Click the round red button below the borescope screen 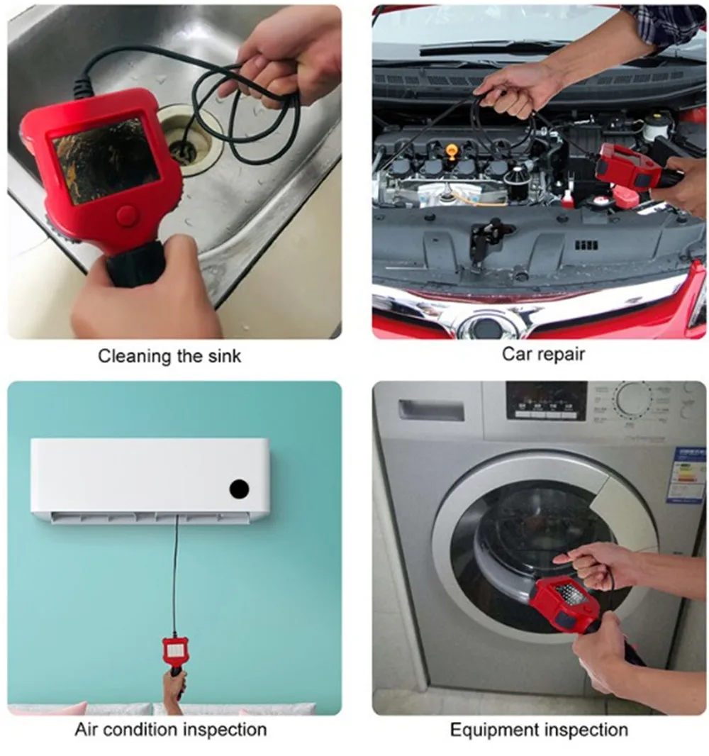coord(127,216)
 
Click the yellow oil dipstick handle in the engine coord(452,152)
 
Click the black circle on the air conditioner coord(239,489)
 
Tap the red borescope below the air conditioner coord(174,649)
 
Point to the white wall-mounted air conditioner coord(150,479)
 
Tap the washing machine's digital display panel coord(546,401)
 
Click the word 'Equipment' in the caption coord(491,729)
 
